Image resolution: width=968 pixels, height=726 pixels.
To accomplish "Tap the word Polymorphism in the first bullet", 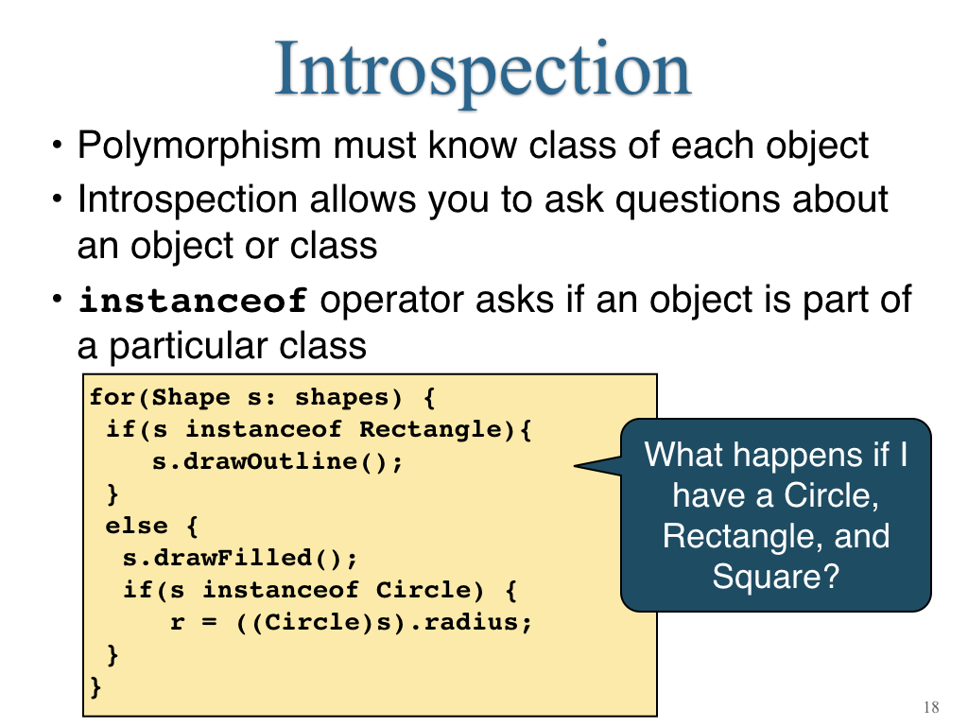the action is pyautogui.click(x=199, y=147).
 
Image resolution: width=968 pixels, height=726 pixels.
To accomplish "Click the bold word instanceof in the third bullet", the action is pyautogui.click(x=193, y=301).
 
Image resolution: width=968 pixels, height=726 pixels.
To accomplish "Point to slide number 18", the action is pyautogui.click(x=931, y=707).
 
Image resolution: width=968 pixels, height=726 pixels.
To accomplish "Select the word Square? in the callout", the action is pyautogui.click(x=776, y=577).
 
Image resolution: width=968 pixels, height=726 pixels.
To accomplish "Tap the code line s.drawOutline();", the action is pyautogui.click(x=277, y=461).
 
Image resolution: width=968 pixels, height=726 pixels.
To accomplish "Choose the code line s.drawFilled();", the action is pyautogui.click(x=239, y=558).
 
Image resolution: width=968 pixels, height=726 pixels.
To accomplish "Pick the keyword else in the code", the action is pyautogui.click(x=136, y=526).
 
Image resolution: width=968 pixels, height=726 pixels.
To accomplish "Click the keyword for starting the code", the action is pyautogui.click(x=112, y=397).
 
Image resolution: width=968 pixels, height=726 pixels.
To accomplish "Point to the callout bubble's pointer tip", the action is pyautogui.click(x=575, y=465).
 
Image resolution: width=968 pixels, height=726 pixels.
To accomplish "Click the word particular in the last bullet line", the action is pyautogui.click(x=189, y=346).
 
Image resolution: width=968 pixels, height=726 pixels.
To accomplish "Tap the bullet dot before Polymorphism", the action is pyautogui.click(x=58, y=146).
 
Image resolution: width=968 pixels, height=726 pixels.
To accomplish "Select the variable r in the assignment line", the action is pyautogui.click(x=177, y=622).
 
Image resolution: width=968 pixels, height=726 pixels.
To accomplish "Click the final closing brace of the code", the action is pyautogui.click(x=95, y=686).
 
